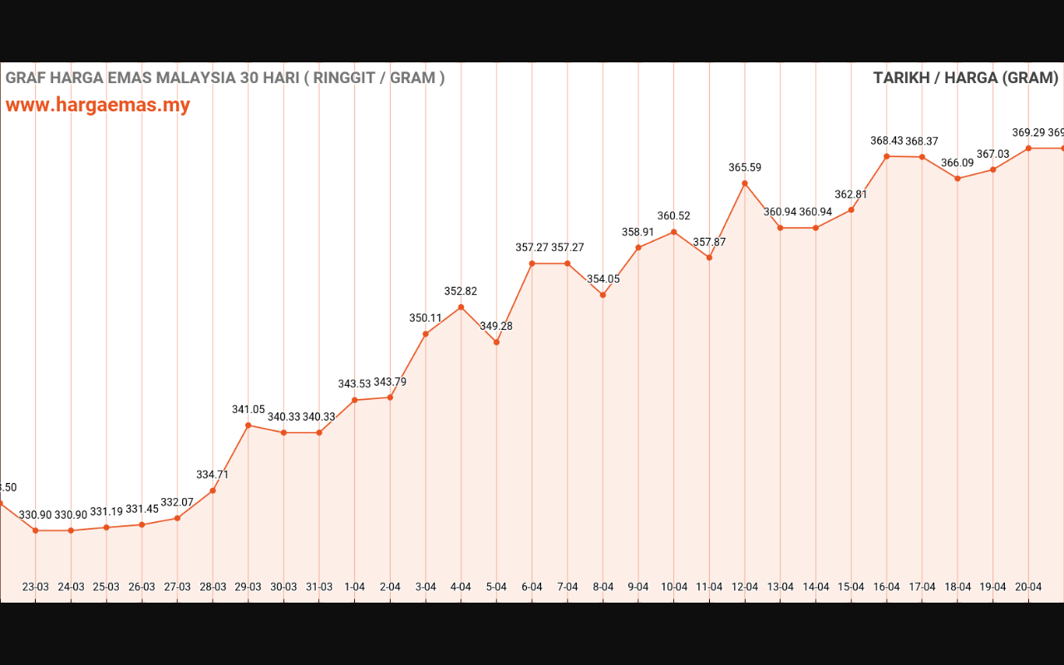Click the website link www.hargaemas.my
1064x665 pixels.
tap(98, 106)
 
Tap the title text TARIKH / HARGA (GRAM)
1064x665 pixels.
tap(965, 78)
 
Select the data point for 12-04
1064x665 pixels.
tap(745, 183)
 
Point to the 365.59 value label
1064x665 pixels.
tap(745, 168)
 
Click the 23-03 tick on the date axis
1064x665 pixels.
tap(35, 587)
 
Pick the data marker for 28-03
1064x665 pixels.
tap(213, 490)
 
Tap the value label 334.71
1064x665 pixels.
tap(213, 475)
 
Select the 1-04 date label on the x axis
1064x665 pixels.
tap(355, 587)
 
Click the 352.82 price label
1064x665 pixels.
tap(461, 292)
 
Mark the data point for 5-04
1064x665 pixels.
tap(496, 342)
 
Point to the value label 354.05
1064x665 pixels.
tap(603, 279)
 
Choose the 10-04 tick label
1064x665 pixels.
tap(674, 587)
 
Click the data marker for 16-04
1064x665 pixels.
tap(886, 156)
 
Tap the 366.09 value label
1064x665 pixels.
tap(958, 163)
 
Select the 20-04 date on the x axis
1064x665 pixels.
tap(1028, 587)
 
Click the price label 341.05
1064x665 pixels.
tap(249, 410)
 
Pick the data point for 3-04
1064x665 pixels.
tap(426, 334)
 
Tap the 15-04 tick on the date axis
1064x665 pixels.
tap(851, 587)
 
